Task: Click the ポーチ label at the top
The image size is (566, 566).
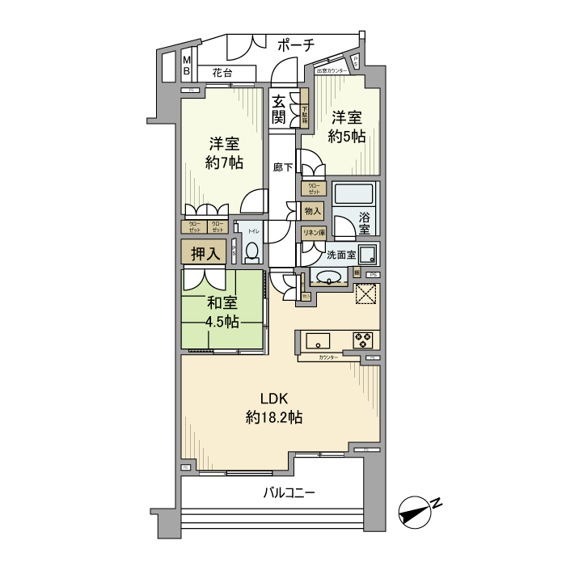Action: tap(295, 46)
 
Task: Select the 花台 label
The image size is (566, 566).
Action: tap(223, 74)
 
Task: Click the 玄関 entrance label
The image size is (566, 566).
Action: tap(279, 111)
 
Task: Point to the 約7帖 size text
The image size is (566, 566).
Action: tap(223, 163)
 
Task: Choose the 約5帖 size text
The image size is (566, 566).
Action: tap(347, 137)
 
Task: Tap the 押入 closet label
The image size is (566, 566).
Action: tap(205, 253)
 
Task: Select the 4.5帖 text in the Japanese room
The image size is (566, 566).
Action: tap(222, 322)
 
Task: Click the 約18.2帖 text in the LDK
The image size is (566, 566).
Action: tap(274, 417)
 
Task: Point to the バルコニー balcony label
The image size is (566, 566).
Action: tap(287, 492)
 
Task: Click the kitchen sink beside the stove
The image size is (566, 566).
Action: tap(317, 338)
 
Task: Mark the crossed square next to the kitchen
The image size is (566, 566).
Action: tap(365, 295)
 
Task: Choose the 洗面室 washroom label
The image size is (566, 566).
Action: tap(340, 256)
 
